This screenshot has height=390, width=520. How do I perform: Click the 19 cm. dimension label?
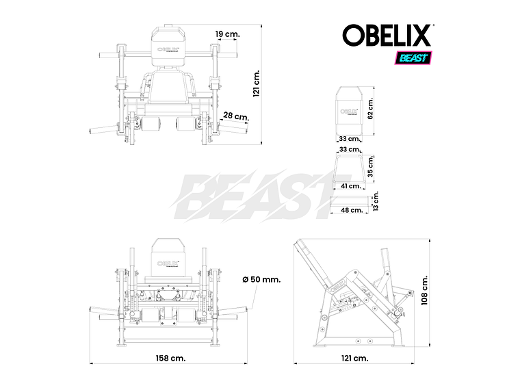point(227,34)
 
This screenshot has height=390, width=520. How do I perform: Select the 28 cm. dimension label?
point(236,116)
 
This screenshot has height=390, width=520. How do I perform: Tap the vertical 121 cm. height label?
point(257,83)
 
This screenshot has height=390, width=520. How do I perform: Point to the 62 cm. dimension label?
point(370,108)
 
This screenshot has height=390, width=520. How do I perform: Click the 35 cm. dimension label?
point(370,167)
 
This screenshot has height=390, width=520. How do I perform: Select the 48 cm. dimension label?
point(351,210)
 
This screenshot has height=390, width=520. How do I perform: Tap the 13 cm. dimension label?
point(375,201)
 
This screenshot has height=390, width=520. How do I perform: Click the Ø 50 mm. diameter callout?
point(261,279)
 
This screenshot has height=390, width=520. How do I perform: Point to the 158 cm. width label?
point(170,358)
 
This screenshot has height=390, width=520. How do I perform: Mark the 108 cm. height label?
point(425,293)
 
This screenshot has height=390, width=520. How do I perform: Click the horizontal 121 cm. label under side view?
point(354,358)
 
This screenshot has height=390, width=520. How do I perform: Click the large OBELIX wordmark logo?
point(387,36)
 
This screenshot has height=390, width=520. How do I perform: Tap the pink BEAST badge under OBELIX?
point(412,58)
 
